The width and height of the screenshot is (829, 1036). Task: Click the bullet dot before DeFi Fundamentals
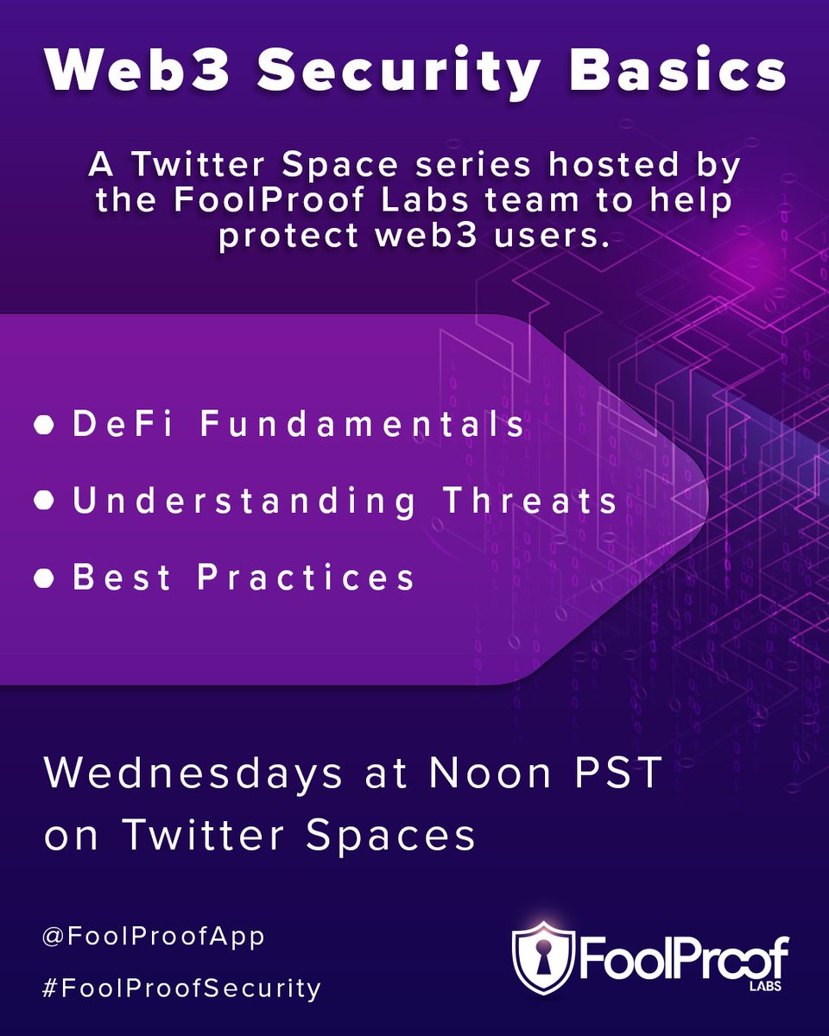[x=44, y=426]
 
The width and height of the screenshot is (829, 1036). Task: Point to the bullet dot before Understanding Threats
[x=44, y=502]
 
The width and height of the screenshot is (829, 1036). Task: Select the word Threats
[x=531, y=502]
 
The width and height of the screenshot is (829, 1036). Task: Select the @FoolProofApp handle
[x=153, y=937]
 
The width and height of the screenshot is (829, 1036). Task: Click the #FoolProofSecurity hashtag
[x=181, y=988]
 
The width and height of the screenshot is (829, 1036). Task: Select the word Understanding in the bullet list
[x=244, y=502]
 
